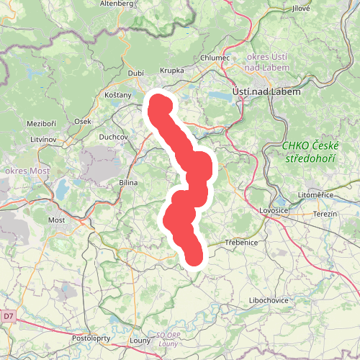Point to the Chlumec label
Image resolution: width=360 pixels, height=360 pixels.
point(215,58)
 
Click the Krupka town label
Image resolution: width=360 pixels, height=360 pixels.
point(171,71)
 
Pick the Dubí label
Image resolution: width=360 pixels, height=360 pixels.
point(135,73)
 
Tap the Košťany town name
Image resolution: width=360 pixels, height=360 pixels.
point(117,95)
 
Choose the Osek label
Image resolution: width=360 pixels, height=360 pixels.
point(83,122)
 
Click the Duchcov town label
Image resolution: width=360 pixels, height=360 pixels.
point(113,136)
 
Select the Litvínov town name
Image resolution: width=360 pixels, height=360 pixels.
point(42,138)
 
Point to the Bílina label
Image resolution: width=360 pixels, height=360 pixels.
point(128,184)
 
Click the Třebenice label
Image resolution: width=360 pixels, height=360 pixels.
point(240,243)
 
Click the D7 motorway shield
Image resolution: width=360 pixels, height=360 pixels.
point(8,315)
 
